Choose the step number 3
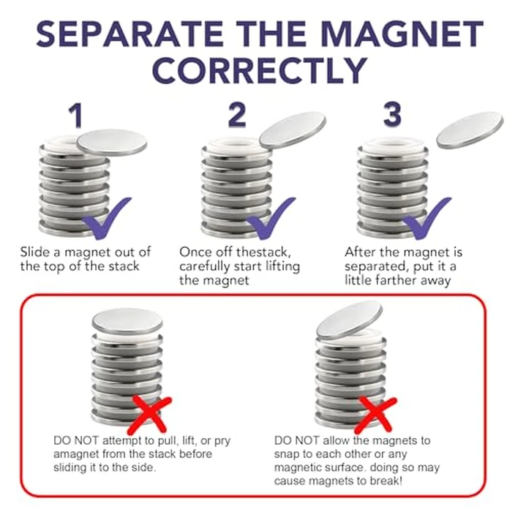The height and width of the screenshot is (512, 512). pos(392,116)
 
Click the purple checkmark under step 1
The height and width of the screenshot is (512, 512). pos(108,217)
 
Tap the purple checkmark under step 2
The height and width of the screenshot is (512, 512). pos(271,217)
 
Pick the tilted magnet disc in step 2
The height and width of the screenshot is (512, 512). pos(293,131)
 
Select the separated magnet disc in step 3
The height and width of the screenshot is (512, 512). pos(469,129)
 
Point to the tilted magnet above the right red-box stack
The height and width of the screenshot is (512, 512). pos(350,319)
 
